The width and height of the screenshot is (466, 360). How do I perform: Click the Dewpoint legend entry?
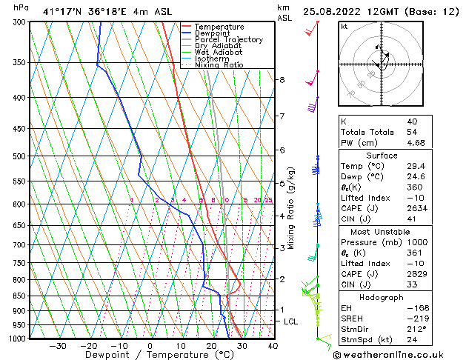pyautogui.click(x=212, y=33)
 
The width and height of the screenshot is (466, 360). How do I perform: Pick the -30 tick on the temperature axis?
pyautogui.click(x=58, y=345)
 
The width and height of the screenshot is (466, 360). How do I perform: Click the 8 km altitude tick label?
pyautogui.click(x=282, y=79)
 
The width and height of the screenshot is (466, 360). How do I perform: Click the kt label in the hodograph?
pyautogui.click(x=344, y=27)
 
